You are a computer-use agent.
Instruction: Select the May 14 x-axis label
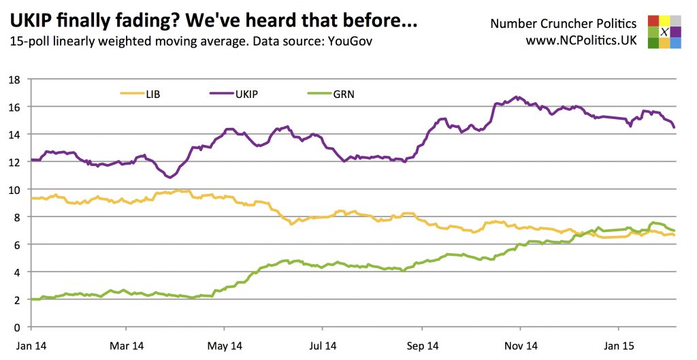click(225, 346)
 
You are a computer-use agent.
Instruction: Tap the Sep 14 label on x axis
click(422, 346)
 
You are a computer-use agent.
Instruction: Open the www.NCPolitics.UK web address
click(581, 41)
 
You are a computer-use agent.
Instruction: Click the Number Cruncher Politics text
click(564, 24)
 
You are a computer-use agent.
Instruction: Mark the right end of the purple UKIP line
click(674, 127)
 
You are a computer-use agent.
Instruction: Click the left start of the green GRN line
click(31, 299)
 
